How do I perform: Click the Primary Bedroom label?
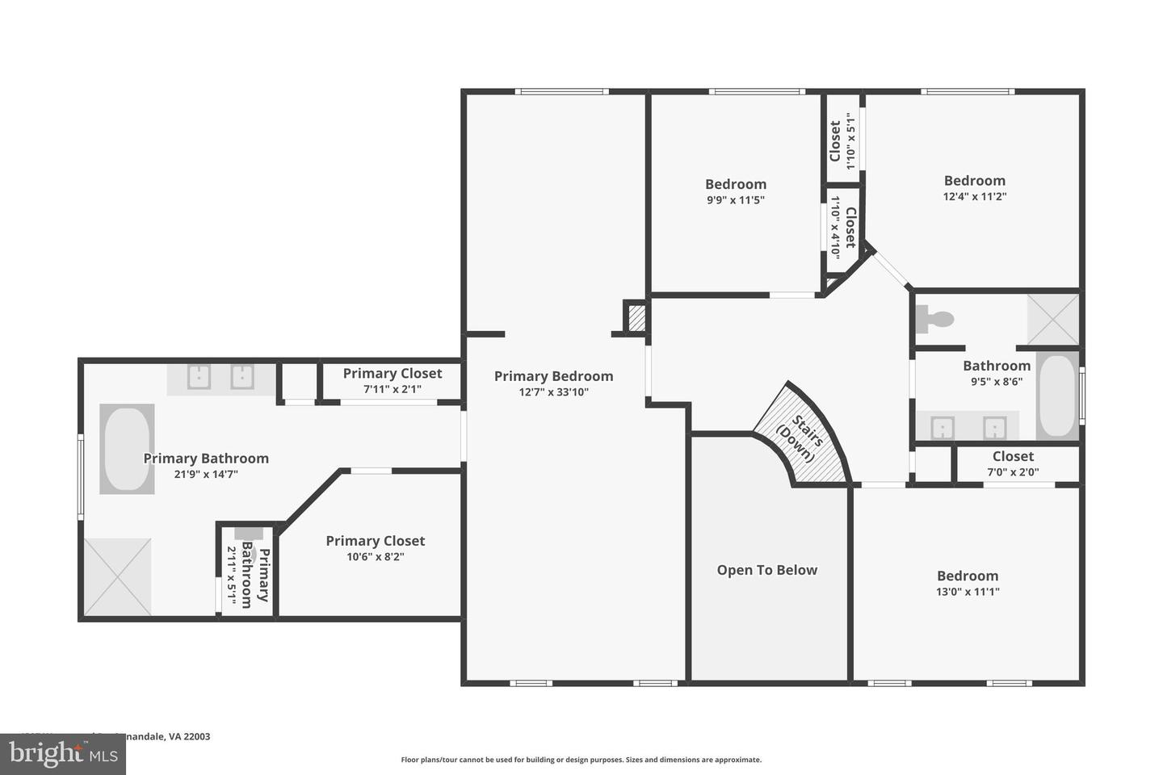pyautogui.click(x=553, y=376)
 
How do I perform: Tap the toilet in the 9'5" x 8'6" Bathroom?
pyautogui.click(x=935, y=319)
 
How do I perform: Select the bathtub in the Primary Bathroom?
pyautogui.click(x=127, y=449)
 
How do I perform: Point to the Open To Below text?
pyautogui.click(x=766, y=570)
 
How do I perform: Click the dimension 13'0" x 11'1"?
pyautogui.click(x=968, y=592)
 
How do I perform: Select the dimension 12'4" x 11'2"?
pyautogui.click(x=974, y=196)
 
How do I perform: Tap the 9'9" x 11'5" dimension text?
pyautogui.click(x=735, y=200)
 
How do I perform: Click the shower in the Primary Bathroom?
pyautogui.click(x=118, y=577)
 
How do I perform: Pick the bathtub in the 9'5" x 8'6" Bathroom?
pyautogui.click(x=1057, y=396)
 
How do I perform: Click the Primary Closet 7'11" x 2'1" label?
pyautogui.click(x=392, y=373)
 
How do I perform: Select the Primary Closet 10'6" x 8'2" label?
pyautogui.click(x=375, y=541)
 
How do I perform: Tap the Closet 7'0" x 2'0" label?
pyautogui.click(x=1013, y=457)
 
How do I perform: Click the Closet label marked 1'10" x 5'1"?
pyautogui.click(x=835, y=141)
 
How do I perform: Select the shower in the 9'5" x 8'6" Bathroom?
pyautogui.click(x=1052, y=320)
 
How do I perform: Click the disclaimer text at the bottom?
pyautogui.click(x=581, y=760)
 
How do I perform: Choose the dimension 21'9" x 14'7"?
pyautogui.click(x=206, y=474)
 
